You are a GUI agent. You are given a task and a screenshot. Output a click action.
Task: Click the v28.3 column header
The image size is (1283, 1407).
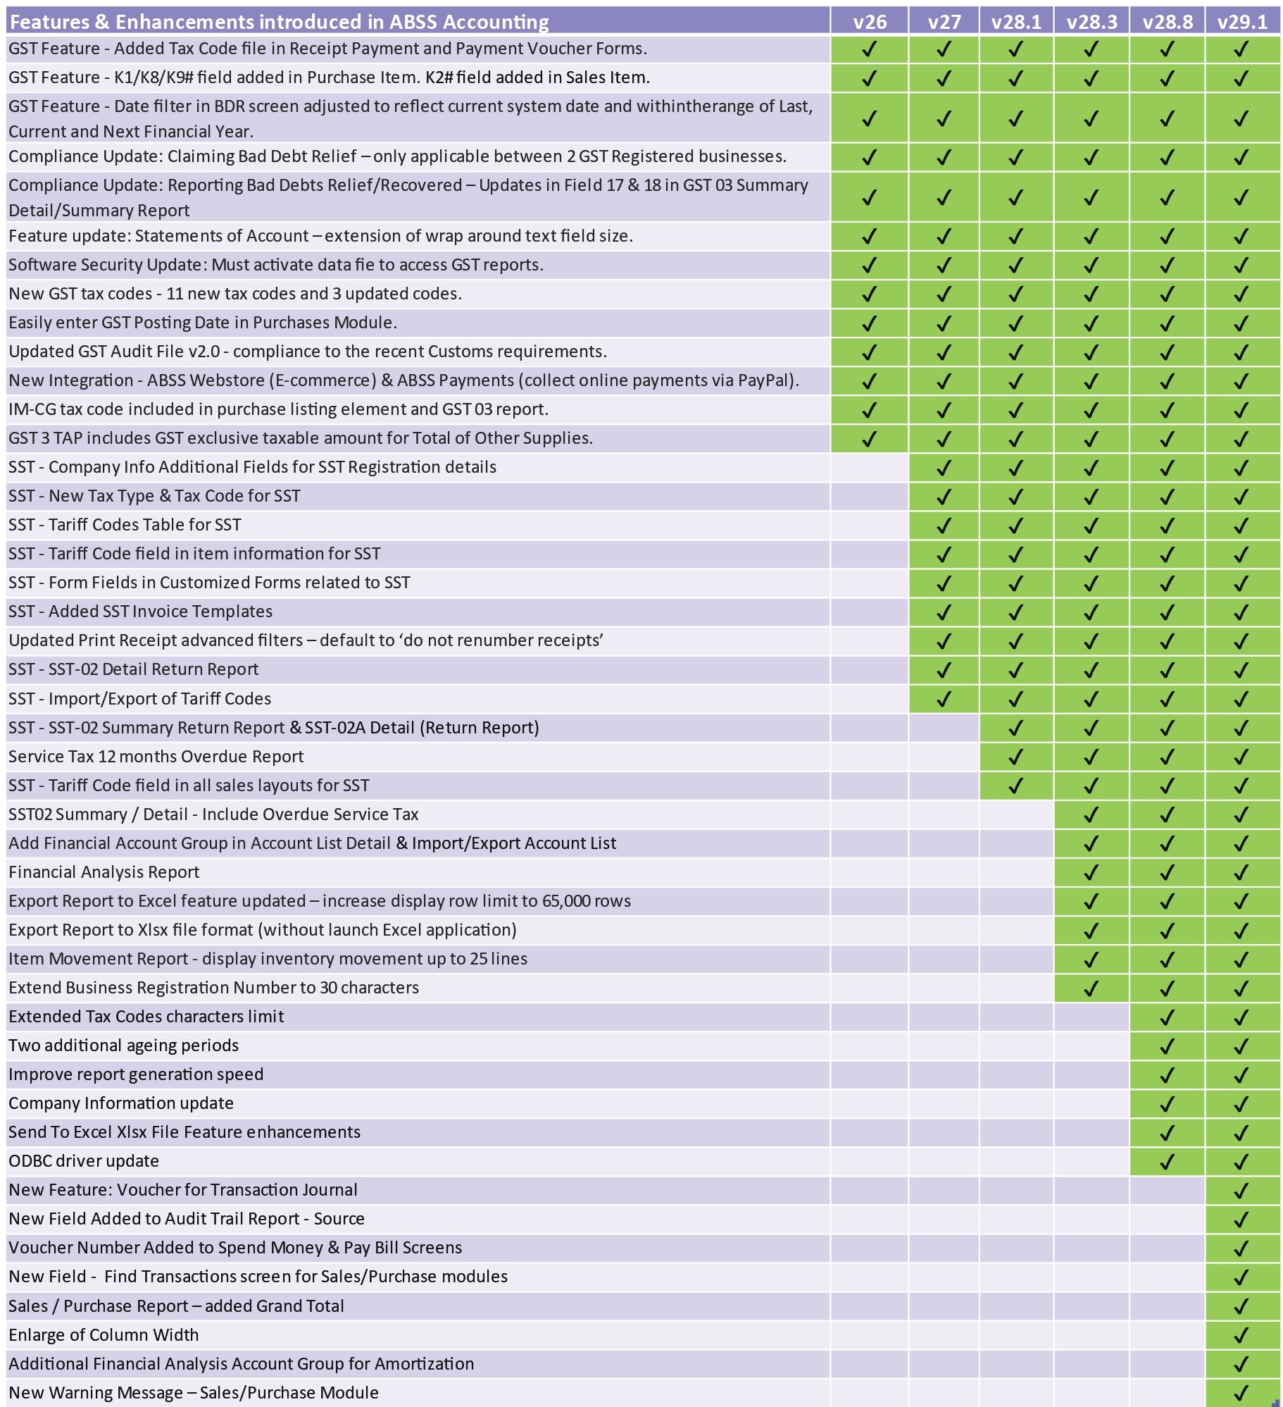pyautogui.click(x=1091, y=22)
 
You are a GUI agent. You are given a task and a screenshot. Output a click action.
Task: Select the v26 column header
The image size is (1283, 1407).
pyautogui.click(x=869, y=22)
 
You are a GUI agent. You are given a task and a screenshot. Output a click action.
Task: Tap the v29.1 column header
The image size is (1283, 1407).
pyautogui.click(x=1242, y=22)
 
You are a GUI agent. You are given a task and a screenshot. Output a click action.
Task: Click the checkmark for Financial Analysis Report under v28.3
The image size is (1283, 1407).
pyautogui.click(x=1091, y=872)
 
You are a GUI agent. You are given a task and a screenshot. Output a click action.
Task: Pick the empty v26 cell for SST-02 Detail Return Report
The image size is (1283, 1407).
pyautogui.click(x=869, y=669)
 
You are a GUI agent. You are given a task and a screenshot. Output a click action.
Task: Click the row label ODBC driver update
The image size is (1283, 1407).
pyautogui.click(x=84, y=1161)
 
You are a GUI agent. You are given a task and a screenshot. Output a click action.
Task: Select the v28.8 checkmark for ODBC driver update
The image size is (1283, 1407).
pyautogui.click(x=1166, y=1161)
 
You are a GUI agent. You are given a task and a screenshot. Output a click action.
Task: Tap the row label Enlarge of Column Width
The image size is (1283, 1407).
pyautogui.click(x=104, y=1335)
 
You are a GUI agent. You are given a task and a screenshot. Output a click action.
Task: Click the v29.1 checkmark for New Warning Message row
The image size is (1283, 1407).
pyautogui.click(x=1241, y=1393)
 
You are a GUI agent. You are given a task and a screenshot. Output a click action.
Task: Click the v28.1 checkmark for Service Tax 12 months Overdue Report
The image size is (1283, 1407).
pyautogui.click(x=1015, y=757)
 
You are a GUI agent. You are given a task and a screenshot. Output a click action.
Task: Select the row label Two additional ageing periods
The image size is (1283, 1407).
pyautogui.click(x=123, y=1046)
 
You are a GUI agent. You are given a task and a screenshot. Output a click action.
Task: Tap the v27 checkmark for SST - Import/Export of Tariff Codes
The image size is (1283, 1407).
pyautogui.click(x=944, y=699)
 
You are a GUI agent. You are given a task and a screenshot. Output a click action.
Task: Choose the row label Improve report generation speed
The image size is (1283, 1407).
pyautogui.click(x=136, y=1074)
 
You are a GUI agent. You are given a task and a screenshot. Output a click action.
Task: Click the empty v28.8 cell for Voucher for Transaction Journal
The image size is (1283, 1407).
pyautogui.click(x=1166, y=1190)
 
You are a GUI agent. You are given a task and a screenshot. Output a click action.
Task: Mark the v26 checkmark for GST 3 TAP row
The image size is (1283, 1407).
pyautogui.click(x=869, y=438)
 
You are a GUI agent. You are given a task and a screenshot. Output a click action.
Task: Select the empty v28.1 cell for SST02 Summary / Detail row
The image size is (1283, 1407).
pyautogui.click(x=1015, y=814)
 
